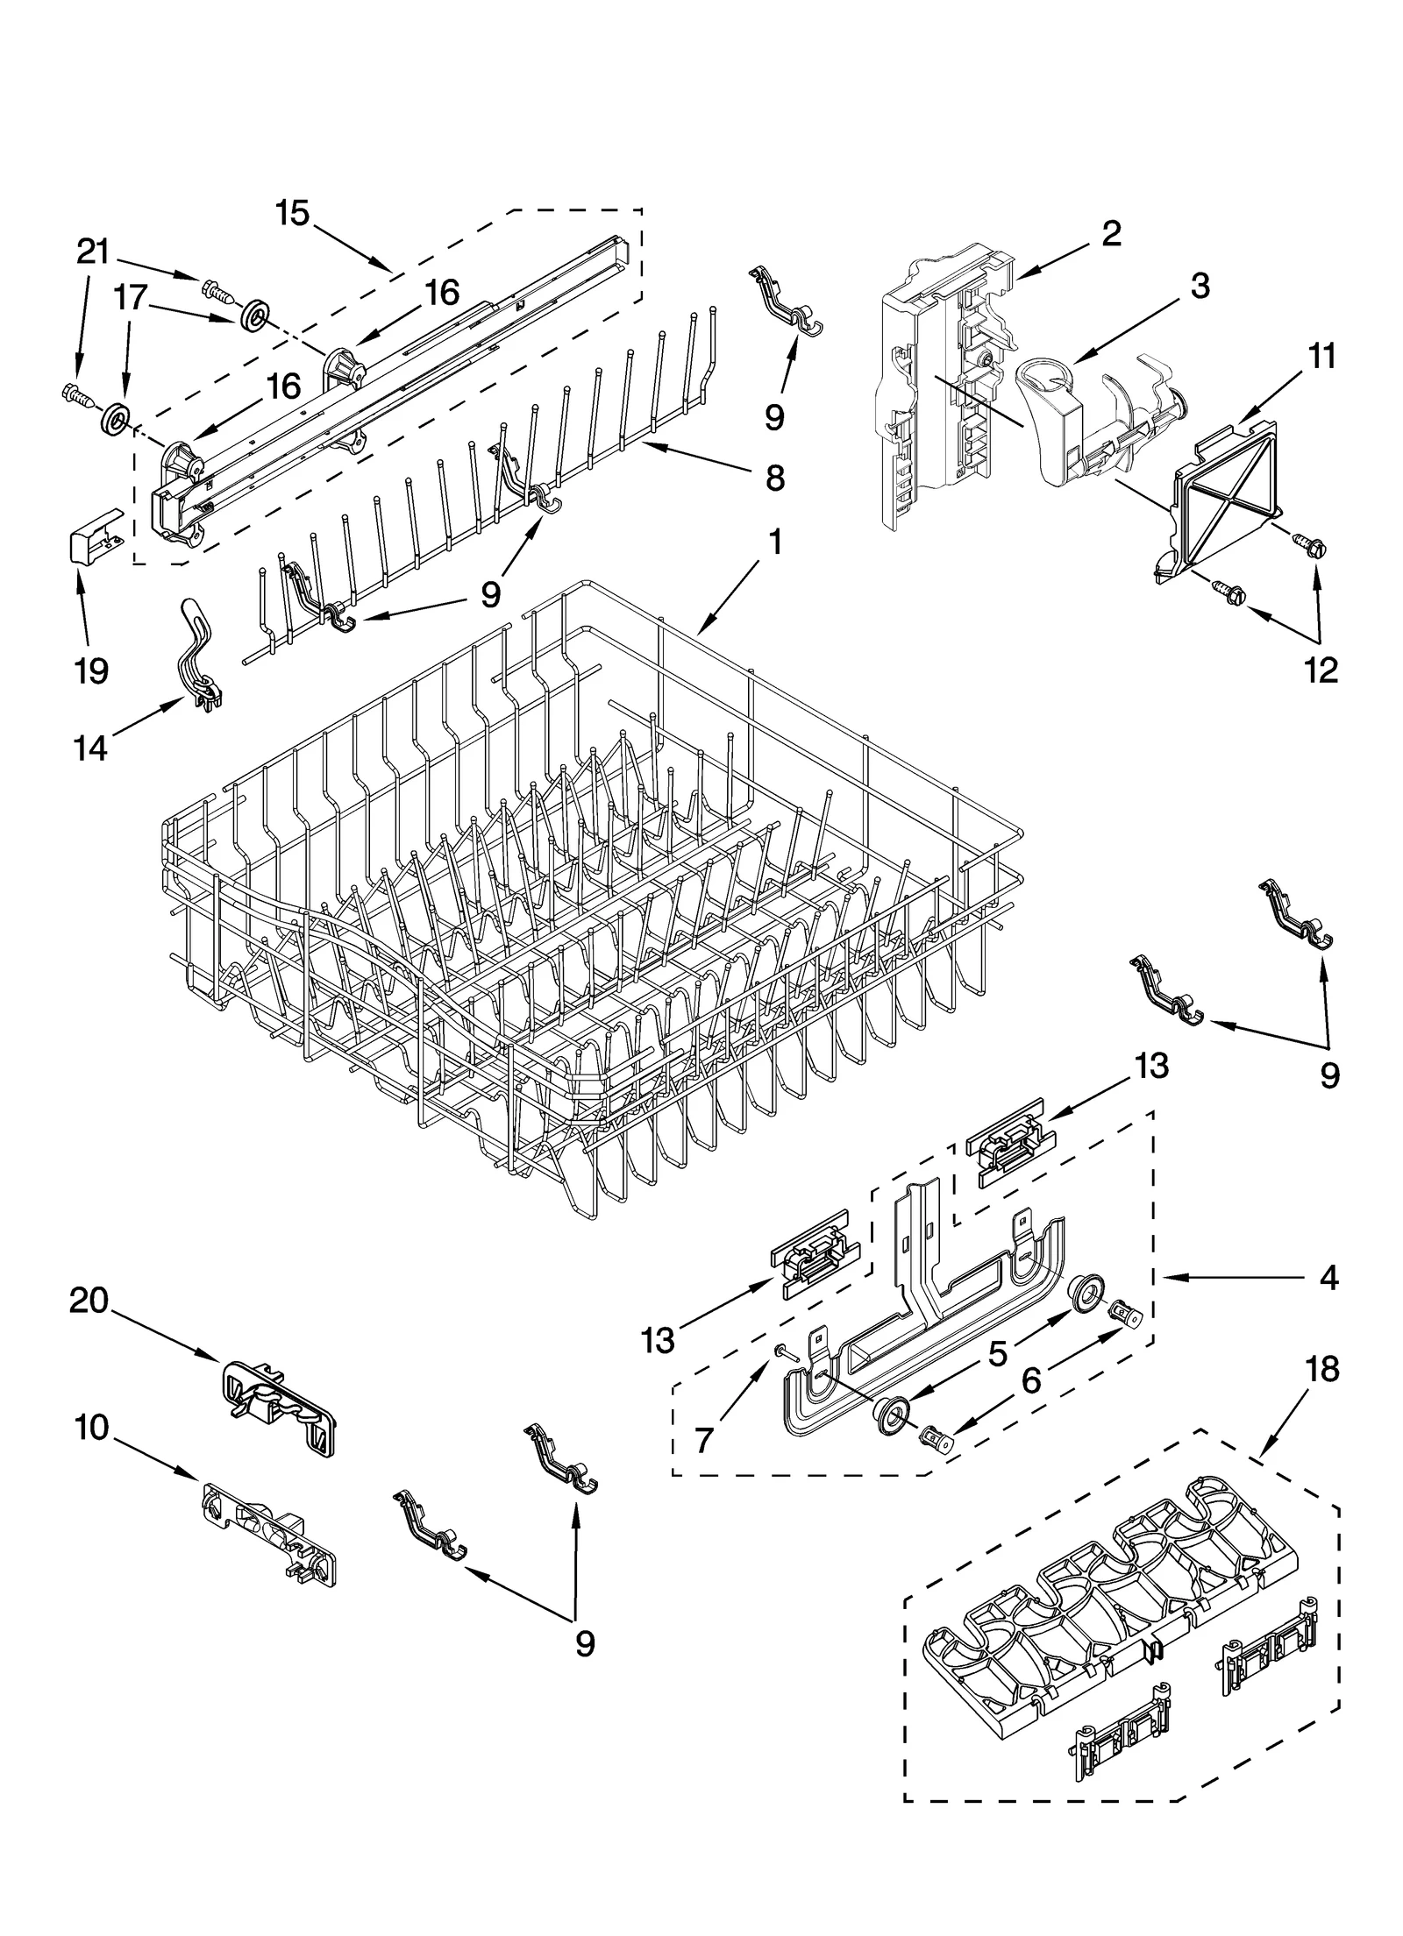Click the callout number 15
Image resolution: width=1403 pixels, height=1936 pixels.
293,213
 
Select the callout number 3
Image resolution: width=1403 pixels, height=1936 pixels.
1200,285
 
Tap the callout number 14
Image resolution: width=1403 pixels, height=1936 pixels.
90,748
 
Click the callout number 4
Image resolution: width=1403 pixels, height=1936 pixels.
1329,1279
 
